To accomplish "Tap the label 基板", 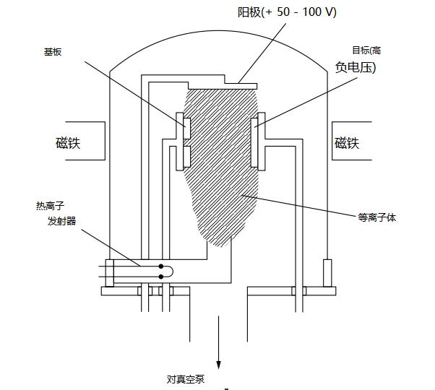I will pos(53,53).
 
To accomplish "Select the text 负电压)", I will pos(356,67).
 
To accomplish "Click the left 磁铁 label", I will pos(68,142).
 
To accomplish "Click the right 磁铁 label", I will pos(347,142).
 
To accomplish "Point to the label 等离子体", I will pos(377,216).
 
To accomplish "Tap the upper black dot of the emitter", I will pos(160,266).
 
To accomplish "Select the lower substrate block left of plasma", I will pos(186,155).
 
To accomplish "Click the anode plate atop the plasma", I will pos(238,82).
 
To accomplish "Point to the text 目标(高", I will pos(366,50).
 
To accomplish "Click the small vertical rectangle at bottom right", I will pos(327,272).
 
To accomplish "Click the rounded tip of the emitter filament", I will pos(171,271).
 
